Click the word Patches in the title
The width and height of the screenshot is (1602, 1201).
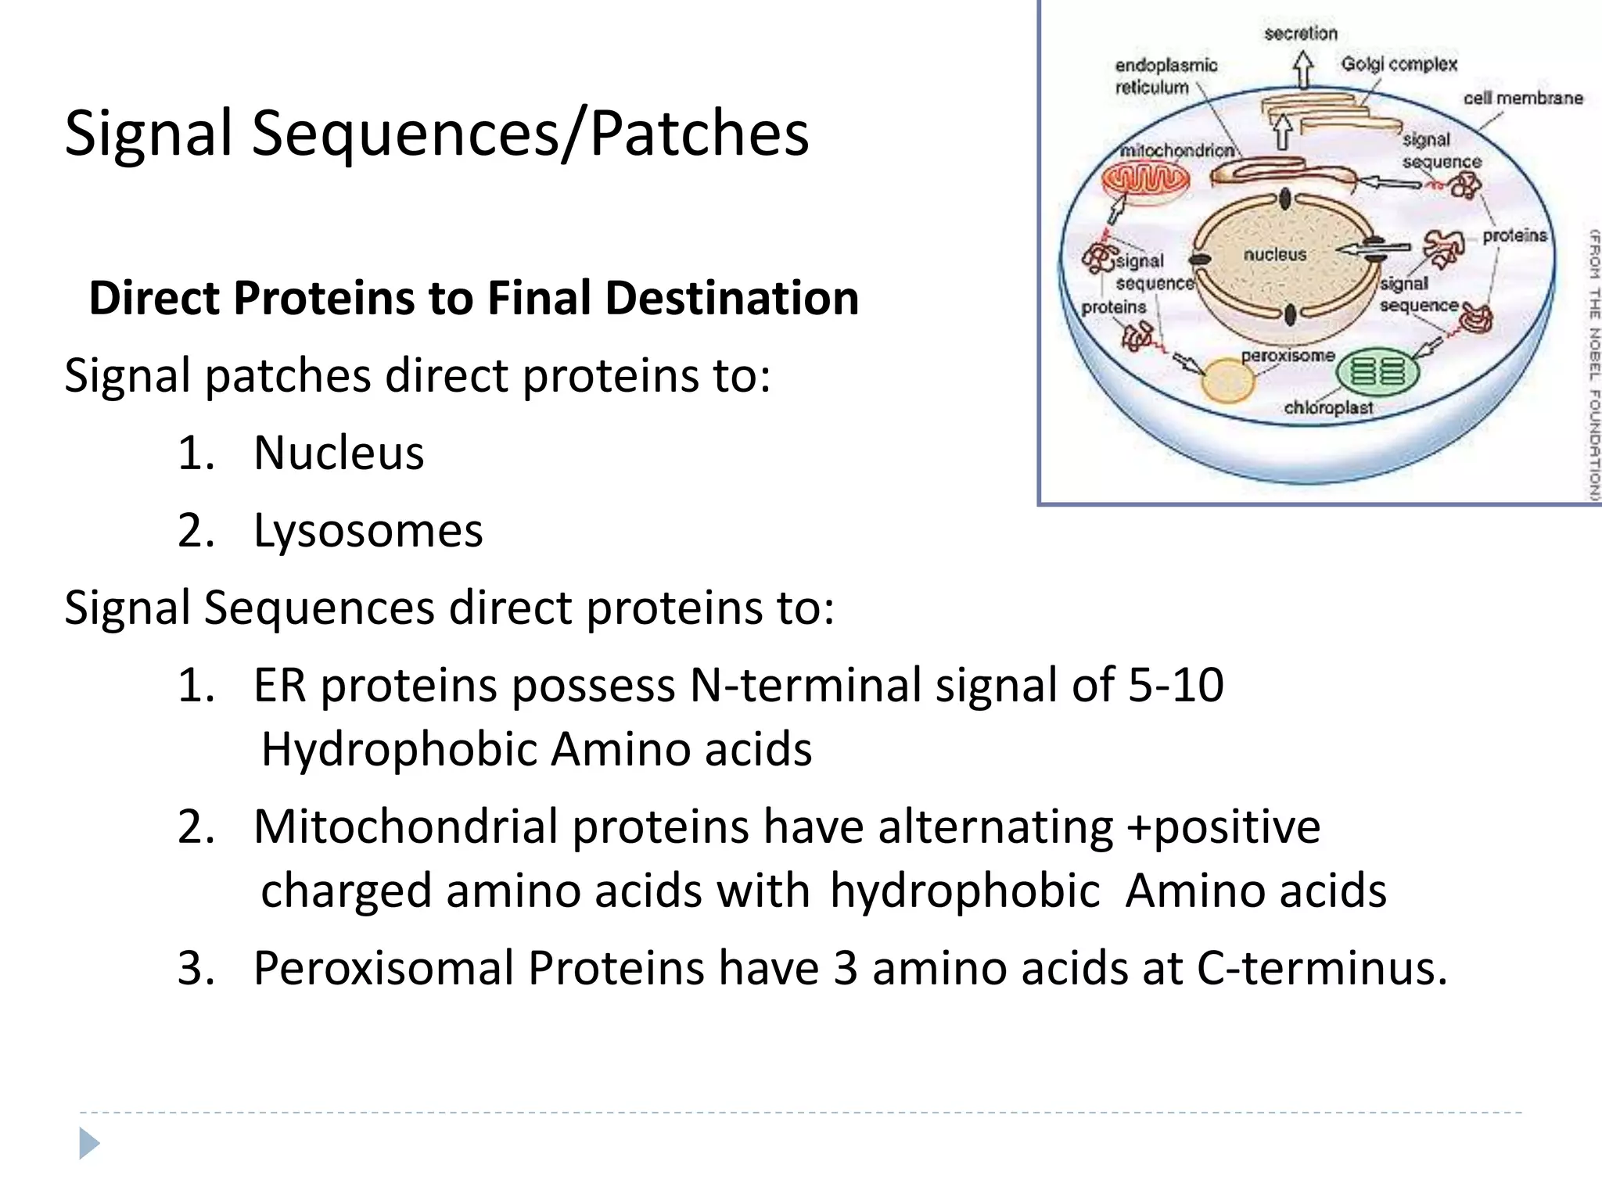point(699,133)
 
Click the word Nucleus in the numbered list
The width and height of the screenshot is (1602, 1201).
point(339,453)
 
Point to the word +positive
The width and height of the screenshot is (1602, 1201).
point(1223,826)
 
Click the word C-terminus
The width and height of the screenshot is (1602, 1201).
point(1321,968)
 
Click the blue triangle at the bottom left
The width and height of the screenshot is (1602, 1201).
point(89,1143)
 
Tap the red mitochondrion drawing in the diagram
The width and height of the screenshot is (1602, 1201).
point(1145,181)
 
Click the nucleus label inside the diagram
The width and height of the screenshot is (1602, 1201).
point(1274,255)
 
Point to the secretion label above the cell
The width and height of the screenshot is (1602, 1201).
point(1301,34)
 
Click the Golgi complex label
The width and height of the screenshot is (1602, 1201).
point(1399,64)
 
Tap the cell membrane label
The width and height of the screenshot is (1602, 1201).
point(1522,99)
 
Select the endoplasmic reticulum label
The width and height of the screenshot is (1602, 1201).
point(1165,76)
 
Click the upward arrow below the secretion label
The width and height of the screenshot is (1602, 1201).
point(1302,70)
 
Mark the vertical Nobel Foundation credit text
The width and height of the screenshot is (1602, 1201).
point(1593,364)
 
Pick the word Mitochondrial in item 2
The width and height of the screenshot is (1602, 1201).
point(405,826)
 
